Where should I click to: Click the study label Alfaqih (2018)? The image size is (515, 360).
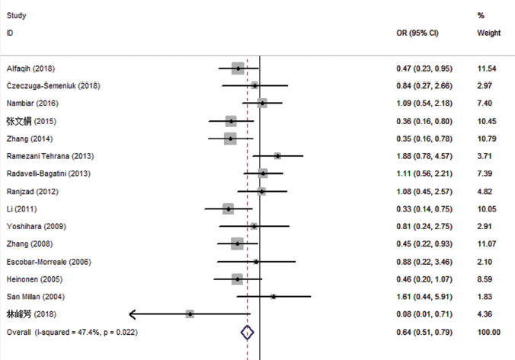[30, 68]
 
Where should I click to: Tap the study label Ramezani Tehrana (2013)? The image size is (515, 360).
[50, 156]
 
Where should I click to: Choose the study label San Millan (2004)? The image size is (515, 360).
[35, 296]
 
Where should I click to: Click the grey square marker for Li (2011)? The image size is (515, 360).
[228, 209]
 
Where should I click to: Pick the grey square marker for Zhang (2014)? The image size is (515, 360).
[230, 139]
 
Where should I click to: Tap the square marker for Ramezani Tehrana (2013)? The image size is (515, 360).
[278, 156]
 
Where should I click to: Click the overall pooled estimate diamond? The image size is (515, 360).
[247, 332]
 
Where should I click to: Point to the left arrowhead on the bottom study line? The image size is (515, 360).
[134, 314]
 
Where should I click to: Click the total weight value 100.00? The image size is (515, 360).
[488, 332]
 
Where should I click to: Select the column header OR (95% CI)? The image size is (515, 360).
[417, 33]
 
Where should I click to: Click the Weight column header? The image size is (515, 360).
[488, 33]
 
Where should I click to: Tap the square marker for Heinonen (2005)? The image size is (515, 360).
[237, 279]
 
